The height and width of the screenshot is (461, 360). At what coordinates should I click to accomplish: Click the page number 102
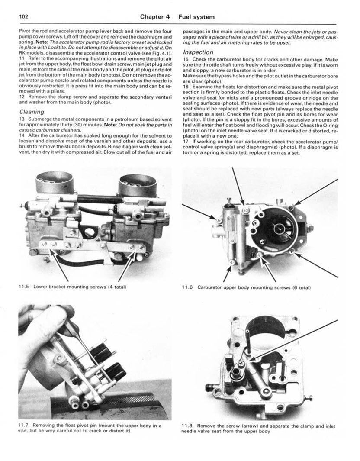pos(23,17)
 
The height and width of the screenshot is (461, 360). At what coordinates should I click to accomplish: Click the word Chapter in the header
pos(155,17)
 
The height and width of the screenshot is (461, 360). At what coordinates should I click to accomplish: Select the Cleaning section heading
pos(32,111)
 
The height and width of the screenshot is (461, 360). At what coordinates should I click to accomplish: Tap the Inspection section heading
pos(198,52)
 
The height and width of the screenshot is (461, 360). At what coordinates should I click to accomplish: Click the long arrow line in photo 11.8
pos(299,338)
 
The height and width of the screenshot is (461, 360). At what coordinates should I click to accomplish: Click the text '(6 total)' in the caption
pos(300,287)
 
